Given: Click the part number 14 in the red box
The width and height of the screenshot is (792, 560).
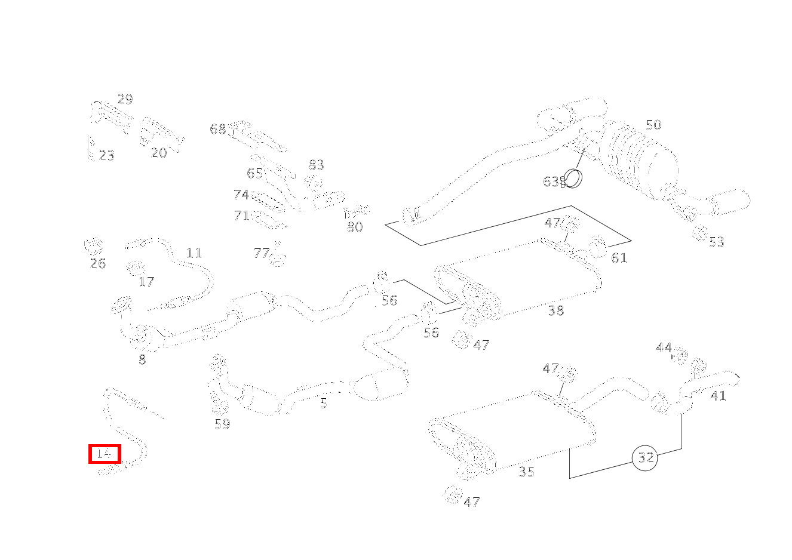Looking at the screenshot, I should [x=104, y=454].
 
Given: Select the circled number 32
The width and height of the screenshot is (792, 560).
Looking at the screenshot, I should [x=645, y=458].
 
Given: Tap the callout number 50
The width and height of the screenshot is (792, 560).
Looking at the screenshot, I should [x=653, y=125].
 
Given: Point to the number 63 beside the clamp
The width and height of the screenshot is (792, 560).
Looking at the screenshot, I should [x=551, y=181].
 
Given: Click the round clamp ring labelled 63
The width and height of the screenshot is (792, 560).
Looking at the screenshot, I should [x=573, y=178].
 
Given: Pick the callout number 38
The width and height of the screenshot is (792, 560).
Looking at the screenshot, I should [x=555, y=310].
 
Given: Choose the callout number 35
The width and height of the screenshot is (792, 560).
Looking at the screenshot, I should [x=526, y=472].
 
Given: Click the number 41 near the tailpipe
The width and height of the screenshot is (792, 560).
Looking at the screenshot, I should [x=718, y=396].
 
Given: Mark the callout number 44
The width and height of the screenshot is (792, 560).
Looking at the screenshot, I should [x=664, y=347].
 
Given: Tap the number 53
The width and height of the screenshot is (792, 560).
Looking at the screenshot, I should [x=716, y=242].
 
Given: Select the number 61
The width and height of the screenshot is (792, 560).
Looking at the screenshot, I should [x=619, y=258].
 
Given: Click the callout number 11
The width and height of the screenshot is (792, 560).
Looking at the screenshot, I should [x=194, y=253].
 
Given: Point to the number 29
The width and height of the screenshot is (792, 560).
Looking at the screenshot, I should [x=125, y=99].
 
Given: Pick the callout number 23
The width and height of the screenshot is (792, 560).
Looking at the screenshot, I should [x=106, y=155].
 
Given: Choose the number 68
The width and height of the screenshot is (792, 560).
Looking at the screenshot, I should [x=217, y=129].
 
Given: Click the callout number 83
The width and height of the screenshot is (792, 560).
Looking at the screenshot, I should [x=316, y=165].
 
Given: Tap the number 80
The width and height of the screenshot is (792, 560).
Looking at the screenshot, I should [x=355, y=227].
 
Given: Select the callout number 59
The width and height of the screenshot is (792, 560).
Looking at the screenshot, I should [x=222, y=424].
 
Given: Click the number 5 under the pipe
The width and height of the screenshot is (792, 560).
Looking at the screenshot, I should [x=324, y=403].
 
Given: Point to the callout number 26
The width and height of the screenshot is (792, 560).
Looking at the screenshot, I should [x=97, y=263].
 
